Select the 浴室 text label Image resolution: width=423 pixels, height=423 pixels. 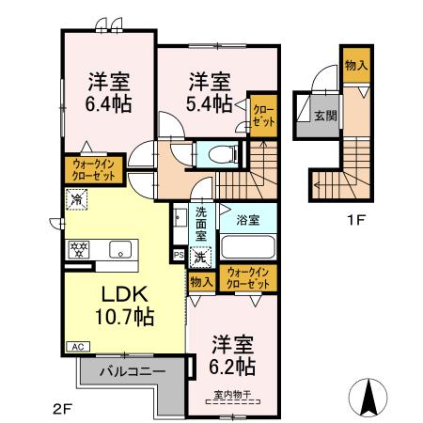pyautogui.click(x=248, y=220)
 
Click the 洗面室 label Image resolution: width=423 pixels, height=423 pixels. pyautogui.click(x=201, y=225)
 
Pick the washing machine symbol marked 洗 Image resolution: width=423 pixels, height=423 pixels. pyautogui.click(x=199, y=255)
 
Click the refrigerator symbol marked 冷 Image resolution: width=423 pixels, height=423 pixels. pyautogui.click(x=76, y=199)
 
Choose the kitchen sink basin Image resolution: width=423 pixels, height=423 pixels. pyautogui.click(x=119, y=249)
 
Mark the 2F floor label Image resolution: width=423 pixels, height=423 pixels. pyautogui.click(x=62, y=407)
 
